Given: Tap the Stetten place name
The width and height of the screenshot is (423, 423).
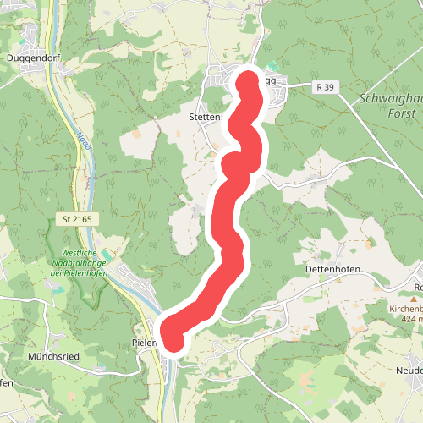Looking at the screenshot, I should pos(205,117).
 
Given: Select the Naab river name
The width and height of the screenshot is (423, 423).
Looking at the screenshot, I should pos(82,138).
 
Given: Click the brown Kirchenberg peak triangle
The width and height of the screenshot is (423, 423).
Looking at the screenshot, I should pos(415,299).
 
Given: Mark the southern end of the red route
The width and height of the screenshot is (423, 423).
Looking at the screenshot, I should pos(173,340).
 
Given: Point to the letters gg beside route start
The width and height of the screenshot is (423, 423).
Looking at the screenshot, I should pos(271,81).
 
